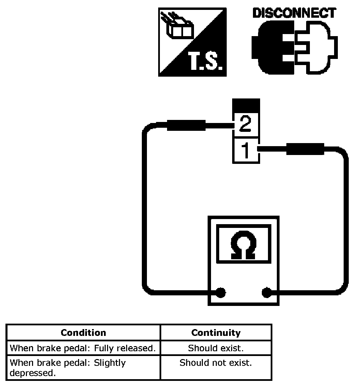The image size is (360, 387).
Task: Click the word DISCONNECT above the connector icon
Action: (294, 13)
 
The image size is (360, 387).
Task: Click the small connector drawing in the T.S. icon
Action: (179, 28)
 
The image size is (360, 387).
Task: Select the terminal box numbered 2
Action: (246, 125)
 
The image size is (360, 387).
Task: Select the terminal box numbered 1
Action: (246, 151)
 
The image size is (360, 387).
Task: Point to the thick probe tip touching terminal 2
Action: (186, 125)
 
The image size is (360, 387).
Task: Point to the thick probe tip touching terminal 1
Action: (305, 149)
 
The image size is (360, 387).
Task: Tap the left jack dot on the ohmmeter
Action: (221, 292)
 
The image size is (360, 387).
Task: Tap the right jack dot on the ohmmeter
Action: (266, 292)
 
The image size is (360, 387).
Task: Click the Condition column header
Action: (83, 332)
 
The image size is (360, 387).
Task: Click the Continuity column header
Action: (216, 332)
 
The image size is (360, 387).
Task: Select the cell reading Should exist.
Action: (216, 348)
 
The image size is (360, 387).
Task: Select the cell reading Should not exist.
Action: (216, 363)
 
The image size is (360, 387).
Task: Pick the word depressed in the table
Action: (32, 373)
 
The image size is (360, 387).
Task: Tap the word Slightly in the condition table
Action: (110, 363)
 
